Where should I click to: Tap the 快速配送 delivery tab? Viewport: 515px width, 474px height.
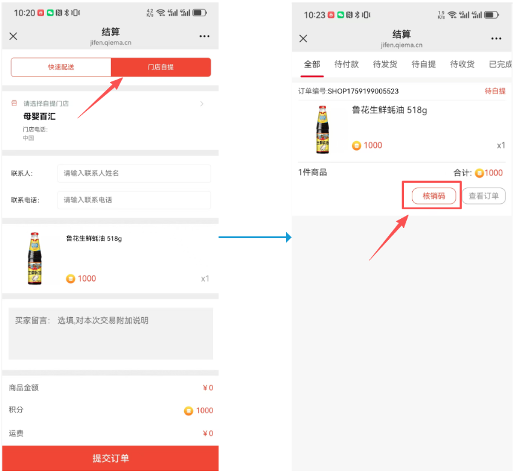[x=61, y=68]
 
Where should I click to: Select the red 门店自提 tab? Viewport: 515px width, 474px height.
[x=161, y=68]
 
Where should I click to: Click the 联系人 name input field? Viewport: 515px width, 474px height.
[x=134, y=173]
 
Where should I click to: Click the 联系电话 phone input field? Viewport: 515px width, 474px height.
[x=134, y=200]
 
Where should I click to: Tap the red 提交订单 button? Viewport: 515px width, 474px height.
[x=110, y=458]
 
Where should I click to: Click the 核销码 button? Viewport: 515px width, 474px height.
[x=433, y=196]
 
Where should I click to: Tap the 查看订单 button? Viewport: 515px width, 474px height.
[x=484, y=196]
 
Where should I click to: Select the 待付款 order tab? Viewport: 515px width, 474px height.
[x=347, y=65]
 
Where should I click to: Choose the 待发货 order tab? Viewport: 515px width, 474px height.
[x=385, y=65]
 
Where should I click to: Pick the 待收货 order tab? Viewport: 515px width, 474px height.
[x=462, y=65]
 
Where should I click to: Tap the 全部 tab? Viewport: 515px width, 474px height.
[x=312, y=65]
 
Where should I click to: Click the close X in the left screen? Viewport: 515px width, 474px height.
[x=13, y=36]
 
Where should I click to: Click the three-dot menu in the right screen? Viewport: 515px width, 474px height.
[x=496, y=39]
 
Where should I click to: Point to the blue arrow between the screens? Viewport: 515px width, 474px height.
[x=255, y=237]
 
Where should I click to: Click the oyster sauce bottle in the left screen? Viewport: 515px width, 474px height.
[x=35, y=259]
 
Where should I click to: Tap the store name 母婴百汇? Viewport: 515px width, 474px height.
[x=39, y=116]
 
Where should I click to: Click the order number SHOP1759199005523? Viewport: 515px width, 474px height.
[x=363, y=91]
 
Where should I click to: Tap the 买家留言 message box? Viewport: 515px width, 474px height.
[x=110, y=333]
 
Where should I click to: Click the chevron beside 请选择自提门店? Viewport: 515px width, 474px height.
[x=202, y=104]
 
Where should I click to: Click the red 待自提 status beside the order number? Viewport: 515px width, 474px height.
[x=495, y=91]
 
